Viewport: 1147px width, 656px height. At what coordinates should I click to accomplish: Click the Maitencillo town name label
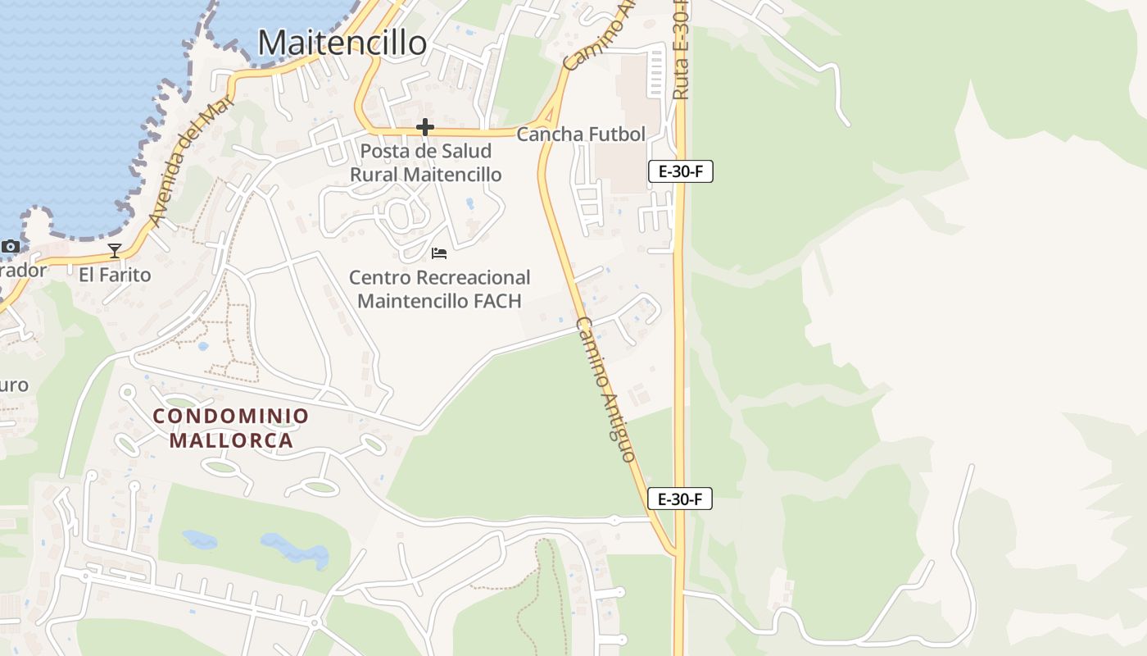coord(342,43)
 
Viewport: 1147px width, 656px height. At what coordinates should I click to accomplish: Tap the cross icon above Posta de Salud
coord(424,127)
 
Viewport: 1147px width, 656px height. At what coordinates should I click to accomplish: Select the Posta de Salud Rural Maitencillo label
coord(425,162)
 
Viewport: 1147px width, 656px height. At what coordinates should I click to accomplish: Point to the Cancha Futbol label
coord(581,134)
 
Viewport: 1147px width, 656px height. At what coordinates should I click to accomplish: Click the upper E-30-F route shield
coord(680,171)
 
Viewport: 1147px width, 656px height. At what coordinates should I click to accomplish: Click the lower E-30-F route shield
coord(679,499)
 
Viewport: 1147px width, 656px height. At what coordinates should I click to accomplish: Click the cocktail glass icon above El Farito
coord(115,250)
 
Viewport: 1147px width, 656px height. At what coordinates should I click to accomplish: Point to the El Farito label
coord(115,275)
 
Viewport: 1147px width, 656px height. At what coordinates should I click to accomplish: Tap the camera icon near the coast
coord(10,246)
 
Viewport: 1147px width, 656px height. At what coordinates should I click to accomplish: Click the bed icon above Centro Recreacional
coord(439,253)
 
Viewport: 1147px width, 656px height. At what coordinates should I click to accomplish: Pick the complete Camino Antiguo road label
coord(605,389)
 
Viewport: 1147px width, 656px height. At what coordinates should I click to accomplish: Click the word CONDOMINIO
coord(231,416)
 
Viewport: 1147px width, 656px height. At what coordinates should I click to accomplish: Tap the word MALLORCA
coord(231,440)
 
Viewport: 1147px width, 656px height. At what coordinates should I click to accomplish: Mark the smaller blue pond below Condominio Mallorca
coord(200,539)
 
